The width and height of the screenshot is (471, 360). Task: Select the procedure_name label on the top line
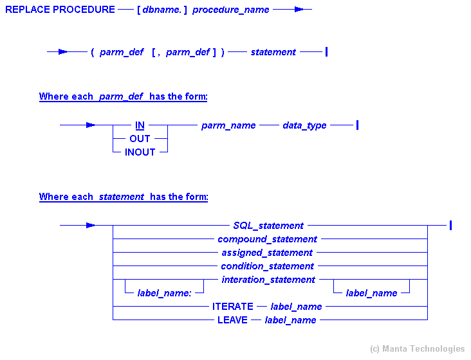click(x=231, y=10)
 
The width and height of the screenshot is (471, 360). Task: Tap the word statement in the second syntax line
click(x=273, y=52)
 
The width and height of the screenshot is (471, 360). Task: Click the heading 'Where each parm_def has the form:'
click(x=123, y=96)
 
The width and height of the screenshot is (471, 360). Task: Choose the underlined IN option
click(x=140, y=125)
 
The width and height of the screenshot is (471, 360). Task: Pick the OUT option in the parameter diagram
click(x=140, y=138)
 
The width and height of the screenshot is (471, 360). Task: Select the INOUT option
click(x=140, y=152)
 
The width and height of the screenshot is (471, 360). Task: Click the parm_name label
click(x=228, y=125)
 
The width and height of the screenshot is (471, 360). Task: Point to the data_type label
click(x=304, y=125)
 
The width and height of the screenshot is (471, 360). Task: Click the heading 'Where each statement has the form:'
click(x=123, y=197)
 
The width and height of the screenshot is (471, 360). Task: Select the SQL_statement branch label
click(x=268, y=226)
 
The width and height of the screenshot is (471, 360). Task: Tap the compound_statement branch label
click(x=267, y=239)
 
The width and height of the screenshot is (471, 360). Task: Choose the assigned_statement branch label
click(x=267, y=253)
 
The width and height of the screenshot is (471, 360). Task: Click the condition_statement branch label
click(x=267, y=266)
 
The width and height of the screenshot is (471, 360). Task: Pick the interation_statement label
click(x=268, y=280)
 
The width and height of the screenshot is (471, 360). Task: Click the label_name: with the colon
click(x=164, y=293)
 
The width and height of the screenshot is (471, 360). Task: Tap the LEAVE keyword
click(x=232, y=319)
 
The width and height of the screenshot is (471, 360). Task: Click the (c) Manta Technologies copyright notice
click(x=417, y=348)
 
